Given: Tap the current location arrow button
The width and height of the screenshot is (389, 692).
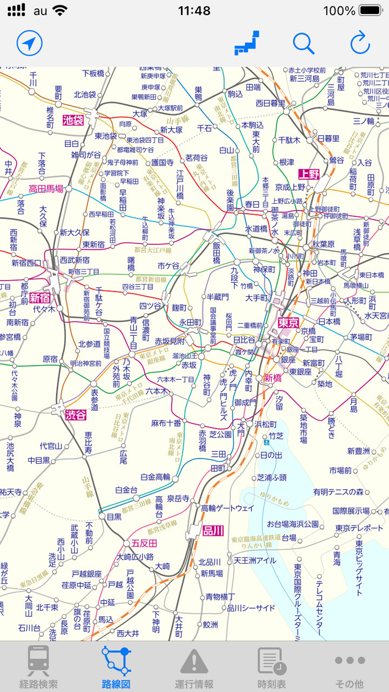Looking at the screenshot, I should (29, 43).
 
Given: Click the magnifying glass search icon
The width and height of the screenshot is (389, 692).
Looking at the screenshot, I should (304, 43).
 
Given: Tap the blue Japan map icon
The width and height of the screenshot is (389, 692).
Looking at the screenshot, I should (247, 43).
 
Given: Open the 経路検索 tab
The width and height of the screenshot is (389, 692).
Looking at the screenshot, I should (38, 667).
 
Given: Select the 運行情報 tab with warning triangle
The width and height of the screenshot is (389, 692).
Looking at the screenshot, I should (194, 667).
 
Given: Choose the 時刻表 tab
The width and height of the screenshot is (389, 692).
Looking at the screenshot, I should (272, 667).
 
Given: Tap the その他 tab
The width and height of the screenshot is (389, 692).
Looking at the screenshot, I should (350, 667).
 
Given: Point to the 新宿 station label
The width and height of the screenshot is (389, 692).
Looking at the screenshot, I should (39, 298).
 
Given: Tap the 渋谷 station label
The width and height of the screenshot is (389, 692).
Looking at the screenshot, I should (76, 415).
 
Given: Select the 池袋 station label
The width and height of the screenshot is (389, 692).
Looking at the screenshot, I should (73, 120).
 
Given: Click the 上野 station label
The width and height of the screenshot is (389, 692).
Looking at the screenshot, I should (309, 174).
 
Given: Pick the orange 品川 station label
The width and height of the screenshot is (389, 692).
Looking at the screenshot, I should (213, 531).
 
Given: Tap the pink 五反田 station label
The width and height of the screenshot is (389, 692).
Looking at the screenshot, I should (144, 543).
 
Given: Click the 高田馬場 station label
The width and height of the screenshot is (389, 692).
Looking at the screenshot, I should (46, 189).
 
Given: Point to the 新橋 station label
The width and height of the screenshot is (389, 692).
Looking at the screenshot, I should (273, 378).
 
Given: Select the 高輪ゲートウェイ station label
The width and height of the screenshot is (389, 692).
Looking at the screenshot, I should (227, 508).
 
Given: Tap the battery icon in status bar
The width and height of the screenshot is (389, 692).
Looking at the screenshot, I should (371, 10).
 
